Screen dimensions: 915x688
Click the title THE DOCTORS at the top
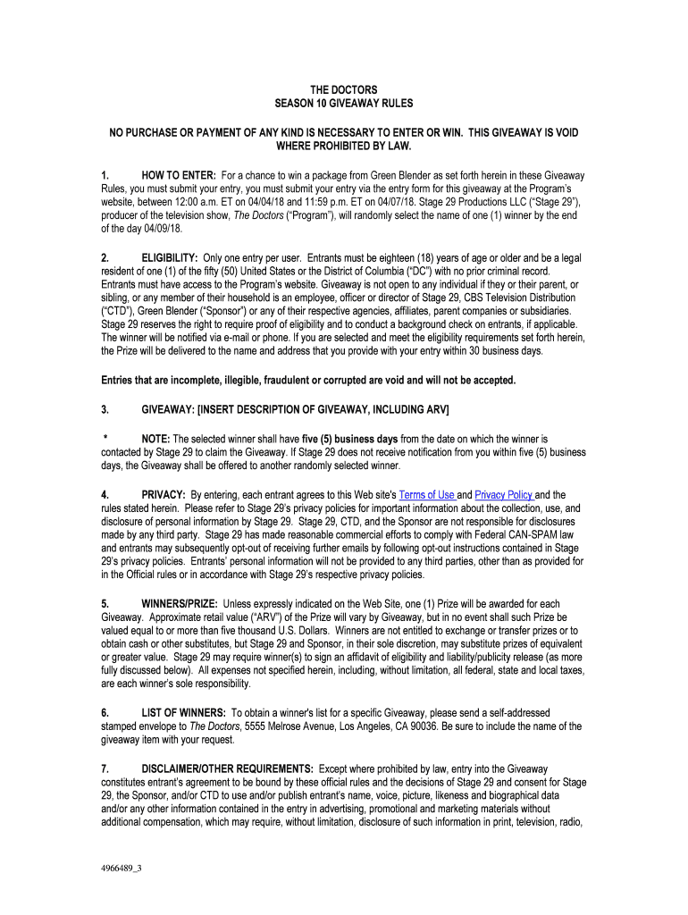344,90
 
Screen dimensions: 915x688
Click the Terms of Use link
427,495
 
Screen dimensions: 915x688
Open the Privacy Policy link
504,495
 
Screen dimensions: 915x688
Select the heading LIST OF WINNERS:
183,713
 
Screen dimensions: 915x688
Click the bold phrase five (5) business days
350,440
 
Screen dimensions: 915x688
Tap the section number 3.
105,409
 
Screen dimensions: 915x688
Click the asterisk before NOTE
105,439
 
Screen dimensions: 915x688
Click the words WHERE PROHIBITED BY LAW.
344,146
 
